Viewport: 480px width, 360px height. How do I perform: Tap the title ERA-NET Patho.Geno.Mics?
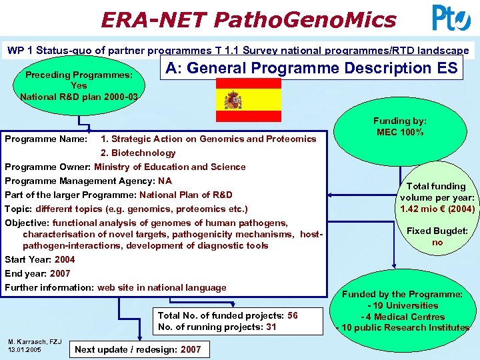point(248,19)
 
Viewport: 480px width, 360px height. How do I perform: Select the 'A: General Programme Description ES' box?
point(311,68)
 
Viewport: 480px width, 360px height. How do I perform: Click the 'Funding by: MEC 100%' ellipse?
point(399,127)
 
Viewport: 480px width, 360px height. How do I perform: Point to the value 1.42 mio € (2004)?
point(437,209)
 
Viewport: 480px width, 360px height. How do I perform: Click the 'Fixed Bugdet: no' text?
point(437,237)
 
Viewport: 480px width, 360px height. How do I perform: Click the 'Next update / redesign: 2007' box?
point(137,349)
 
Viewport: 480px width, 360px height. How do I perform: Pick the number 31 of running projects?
point(271,327)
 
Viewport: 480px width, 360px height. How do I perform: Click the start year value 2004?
point(65,259)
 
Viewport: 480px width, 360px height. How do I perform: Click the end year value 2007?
point(60,273)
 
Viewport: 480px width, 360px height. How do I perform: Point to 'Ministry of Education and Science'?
point(169,167)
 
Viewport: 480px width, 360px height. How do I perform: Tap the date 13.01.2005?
point(25,350)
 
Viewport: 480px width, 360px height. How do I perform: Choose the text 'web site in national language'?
point(161,287)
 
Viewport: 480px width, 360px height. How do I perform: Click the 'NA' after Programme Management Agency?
point(165,181)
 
